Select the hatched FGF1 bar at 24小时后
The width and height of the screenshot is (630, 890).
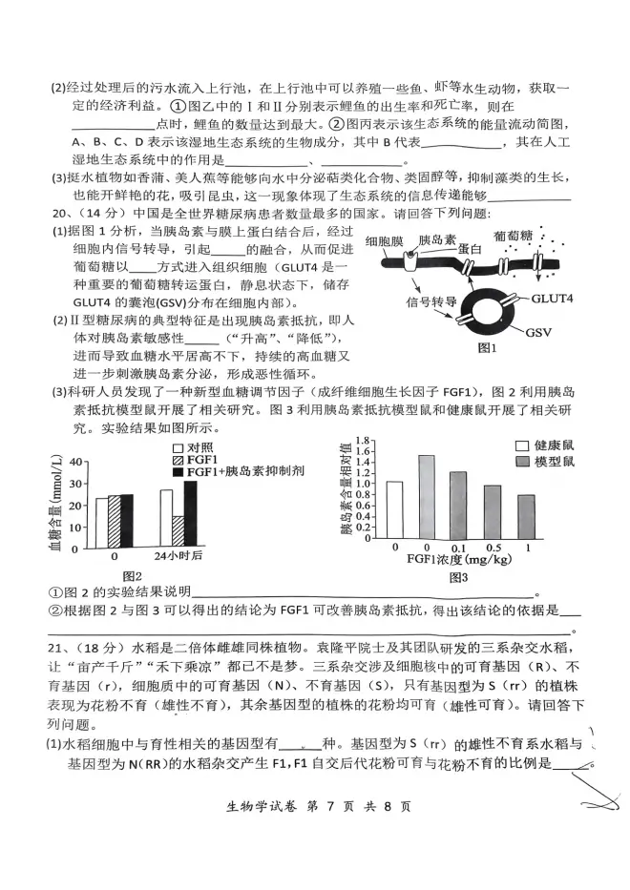(x=178, y=531)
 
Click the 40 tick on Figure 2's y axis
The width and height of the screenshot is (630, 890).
(x=75, y=463)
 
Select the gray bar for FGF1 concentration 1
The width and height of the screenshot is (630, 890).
(x=526, y=517)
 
